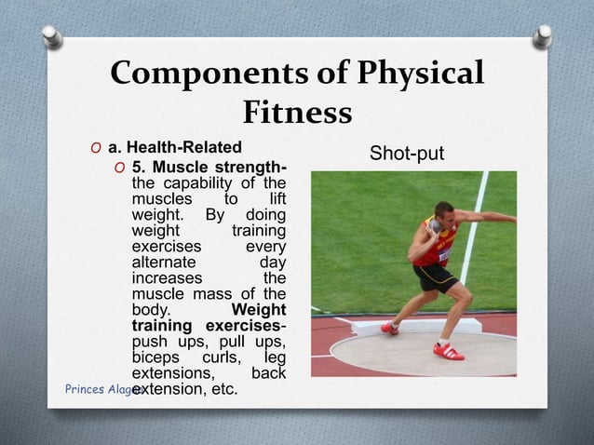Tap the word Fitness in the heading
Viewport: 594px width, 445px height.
click(297, 113)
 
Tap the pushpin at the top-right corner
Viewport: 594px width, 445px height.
click(544, 36)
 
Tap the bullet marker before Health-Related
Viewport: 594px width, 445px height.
click(95, 148)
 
